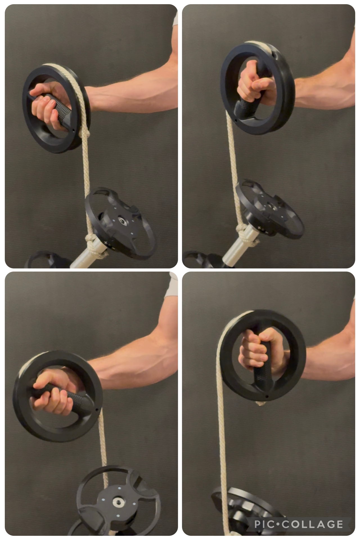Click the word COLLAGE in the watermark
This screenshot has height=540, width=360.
(312, 524)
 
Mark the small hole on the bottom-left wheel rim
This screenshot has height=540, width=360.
(96, 409)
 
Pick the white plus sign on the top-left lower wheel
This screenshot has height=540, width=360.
(106, 242)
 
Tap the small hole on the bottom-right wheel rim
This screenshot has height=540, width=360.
(267, 397)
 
